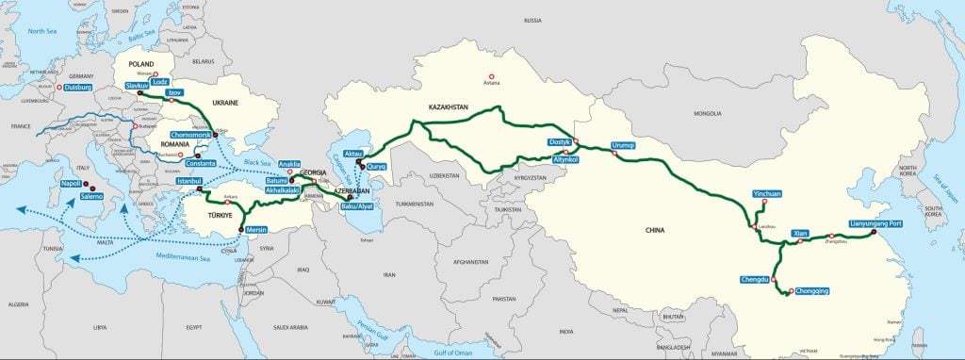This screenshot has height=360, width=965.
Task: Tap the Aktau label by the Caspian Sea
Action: pyautogui.click(x=354, y=153)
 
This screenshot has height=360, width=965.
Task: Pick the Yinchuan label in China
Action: pyautogui.click(x=766, y=193)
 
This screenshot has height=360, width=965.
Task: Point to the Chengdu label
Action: pyautogui.click(x=756, y=280)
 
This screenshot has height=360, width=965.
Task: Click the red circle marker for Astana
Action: pyautogui.click(x=489, y=76)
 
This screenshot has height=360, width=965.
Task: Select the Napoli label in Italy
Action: pyautogui.click(x=68, y=184)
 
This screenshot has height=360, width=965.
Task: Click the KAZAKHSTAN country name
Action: pyautogui.click(x=448, y=107)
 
